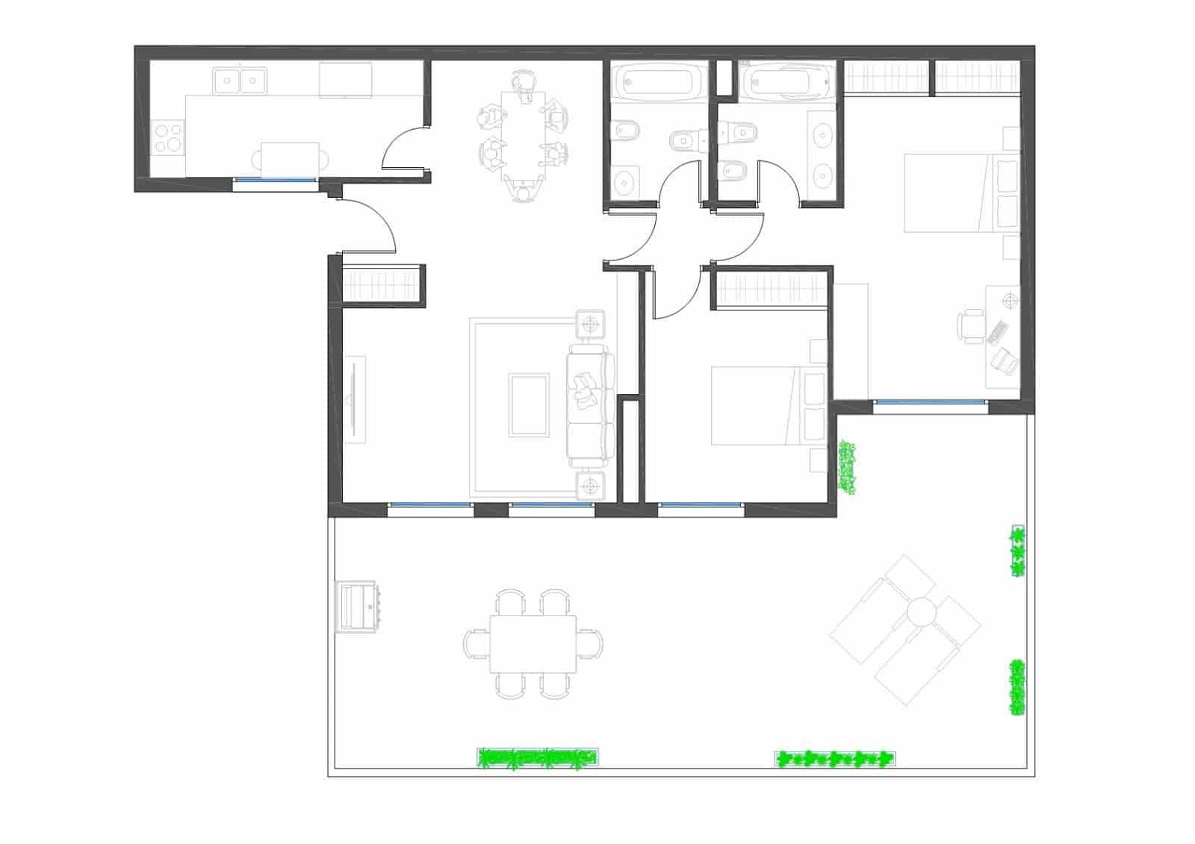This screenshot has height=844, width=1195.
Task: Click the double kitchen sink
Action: pyautogui.click(x=240, y=80)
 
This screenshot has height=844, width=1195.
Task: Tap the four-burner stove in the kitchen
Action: pyautogui.click(x=169, y=138)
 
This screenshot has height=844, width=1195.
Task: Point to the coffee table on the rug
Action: pyautogui.click(x=529, y=405)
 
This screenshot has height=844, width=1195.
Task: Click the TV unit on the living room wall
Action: pyautogui.click(x=355, y=400)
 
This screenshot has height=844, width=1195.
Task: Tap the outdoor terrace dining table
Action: pyautogui.click(x=533, y=643)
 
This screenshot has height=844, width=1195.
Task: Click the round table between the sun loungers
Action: pyautogui.click(x=923, y=612)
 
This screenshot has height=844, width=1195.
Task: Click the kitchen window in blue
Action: pyautogui.click(x=274, y=180)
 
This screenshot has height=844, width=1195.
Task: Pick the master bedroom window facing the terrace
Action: pyautogui.click(x=930, y=403)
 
